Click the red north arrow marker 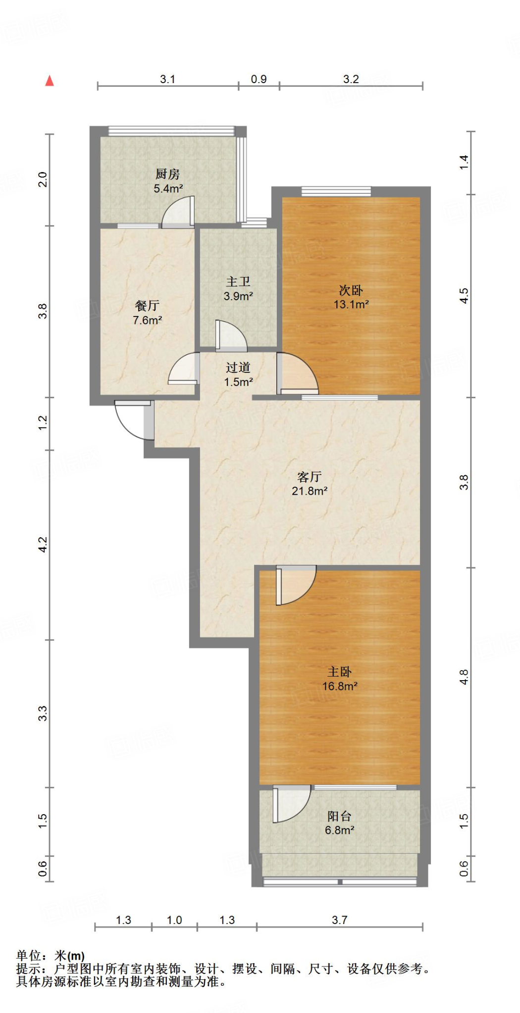(x=50, y=81)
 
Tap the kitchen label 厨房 (x=167, y=174)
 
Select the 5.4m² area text (x=168, y=188)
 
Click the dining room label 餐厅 (x=147, y=306)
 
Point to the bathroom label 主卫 (x=238, y=281)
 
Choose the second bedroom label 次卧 (x=351, y=290)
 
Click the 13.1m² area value (x=351, y=304)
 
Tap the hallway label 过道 (x=238, y=368)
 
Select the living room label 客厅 (x=310, y=477)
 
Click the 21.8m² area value (x=310, y=491)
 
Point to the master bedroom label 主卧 (x=340, y=672)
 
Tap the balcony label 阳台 (x=340, y=816)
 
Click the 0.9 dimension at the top (x=259, y=79)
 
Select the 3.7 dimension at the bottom (x=340, y=920)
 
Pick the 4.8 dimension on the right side (x=464, y=677)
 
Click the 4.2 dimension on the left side (x=43, y=545)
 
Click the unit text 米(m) (x=69, y=956)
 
